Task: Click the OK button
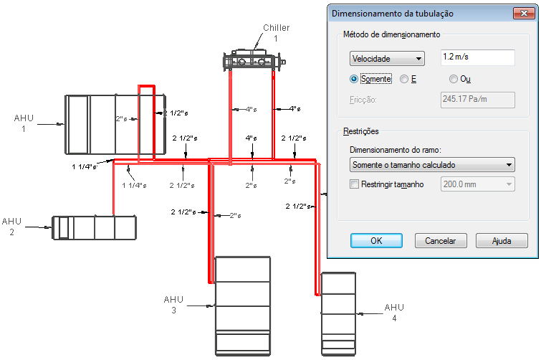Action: [376, 240]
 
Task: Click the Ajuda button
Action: [502, 240]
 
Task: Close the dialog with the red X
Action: [524, 14]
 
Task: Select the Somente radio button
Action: [354, 79]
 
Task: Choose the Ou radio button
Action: [453, 79]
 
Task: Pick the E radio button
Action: [403, 79]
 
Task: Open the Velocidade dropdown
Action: [387, 59]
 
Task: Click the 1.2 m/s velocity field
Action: [477, 57]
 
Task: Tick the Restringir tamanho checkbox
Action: [354, 184]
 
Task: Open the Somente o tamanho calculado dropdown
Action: [432, 165]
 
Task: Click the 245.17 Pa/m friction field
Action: [477, 100]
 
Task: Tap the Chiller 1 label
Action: [276, 33]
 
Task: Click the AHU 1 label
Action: [24, 123]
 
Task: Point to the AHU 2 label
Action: [11, 227]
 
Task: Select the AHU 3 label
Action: [173, 305]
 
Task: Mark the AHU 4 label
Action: [394, 313]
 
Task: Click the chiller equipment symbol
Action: [254, 60]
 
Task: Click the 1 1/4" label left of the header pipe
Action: [84, 167]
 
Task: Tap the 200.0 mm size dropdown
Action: [477, 184]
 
